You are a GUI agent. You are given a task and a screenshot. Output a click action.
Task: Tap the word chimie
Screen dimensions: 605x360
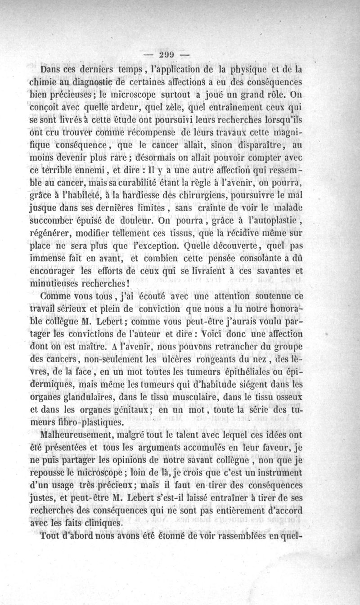pos(45,82)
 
